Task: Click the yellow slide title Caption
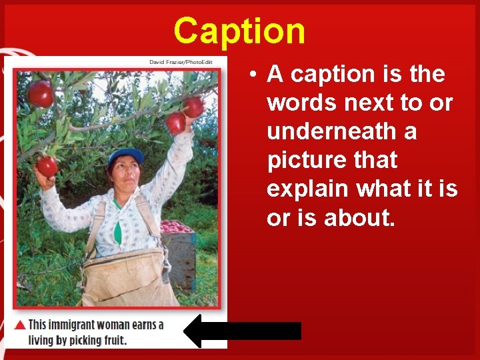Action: point(239,30)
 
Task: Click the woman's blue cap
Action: point(126,157)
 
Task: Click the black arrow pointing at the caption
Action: point(242,331)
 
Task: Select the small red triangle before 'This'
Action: point(21,325)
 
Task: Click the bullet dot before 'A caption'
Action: point(255,75)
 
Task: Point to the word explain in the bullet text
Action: point(309,189)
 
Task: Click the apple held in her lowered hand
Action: point(47,166)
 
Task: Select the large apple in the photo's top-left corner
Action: point(41,93)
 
